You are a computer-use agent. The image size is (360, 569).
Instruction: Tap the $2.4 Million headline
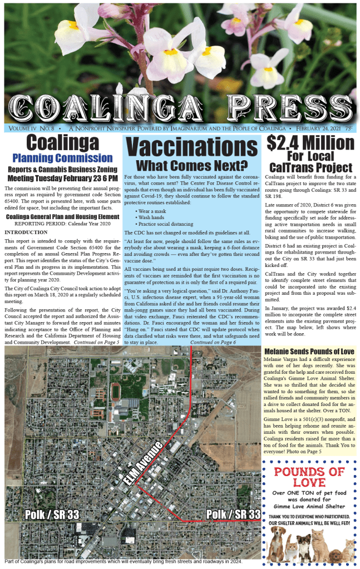pos(310,144)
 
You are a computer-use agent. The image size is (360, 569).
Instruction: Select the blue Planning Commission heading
pos(62,158)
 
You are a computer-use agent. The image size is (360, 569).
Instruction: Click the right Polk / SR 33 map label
pos(233,514)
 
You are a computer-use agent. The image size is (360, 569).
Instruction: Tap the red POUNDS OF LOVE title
pos(309,477)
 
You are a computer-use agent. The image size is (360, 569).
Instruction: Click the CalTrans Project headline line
pos(310,167)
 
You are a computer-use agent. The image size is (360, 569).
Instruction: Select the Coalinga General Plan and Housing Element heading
pos(62,216)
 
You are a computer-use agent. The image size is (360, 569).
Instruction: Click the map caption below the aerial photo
pos(124,561)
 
